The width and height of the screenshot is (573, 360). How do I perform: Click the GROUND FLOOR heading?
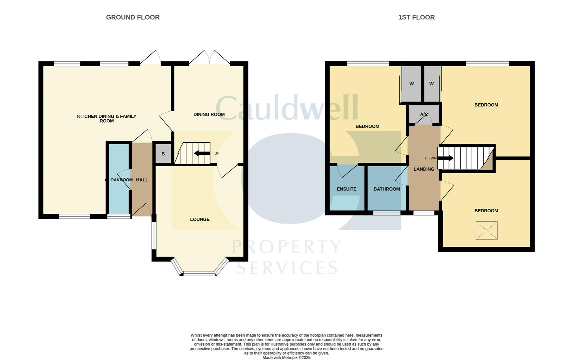[x=133, y=17]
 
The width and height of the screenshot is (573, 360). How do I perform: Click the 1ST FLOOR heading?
[x=416, y=17]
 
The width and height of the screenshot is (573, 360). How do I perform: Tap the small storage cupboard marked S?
[x=163, y=154]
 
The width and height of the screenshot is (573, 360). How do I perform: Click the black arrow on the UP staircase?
[x=202, y=153]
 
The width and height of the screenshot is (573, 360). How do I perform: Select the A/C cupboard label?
[x=424, y=114]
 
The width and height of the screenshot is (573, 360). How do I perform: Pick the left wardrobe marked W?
[x=411, y=84]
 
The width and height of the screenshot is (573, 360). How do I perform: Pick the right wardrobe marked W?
[x=431, y=84]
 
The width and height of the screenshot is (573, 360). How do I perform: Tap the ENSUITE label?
[x=347, y=189]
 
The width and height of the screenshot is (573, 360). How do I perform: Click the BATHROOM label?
[x=387, y=189]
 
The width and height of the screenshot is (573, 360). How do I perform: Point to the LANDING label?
[x=424, y=169]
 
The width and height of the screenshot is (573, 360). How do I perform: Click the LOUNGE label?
[x=200, y=219]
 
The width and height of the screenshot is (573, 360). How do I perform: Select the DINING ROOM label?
[x=209, y=114]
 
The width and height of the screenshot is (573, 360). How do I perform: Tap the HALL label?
[x=142, y=180]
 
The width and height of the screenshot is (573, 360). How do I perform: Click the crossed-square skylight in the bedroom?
[x=486, y=230]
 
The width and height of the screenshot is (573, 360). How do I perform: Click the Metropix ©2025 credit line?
[x=286, y=358]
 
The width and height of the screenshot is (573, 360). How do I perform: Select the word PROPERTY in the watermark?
[x=286, y=247]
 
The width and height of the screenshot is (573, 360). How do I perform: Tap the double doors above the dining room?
[x=209, y=57]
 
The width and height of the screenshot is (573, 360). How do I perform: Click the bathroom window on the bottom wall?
[x=387, y=213]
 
